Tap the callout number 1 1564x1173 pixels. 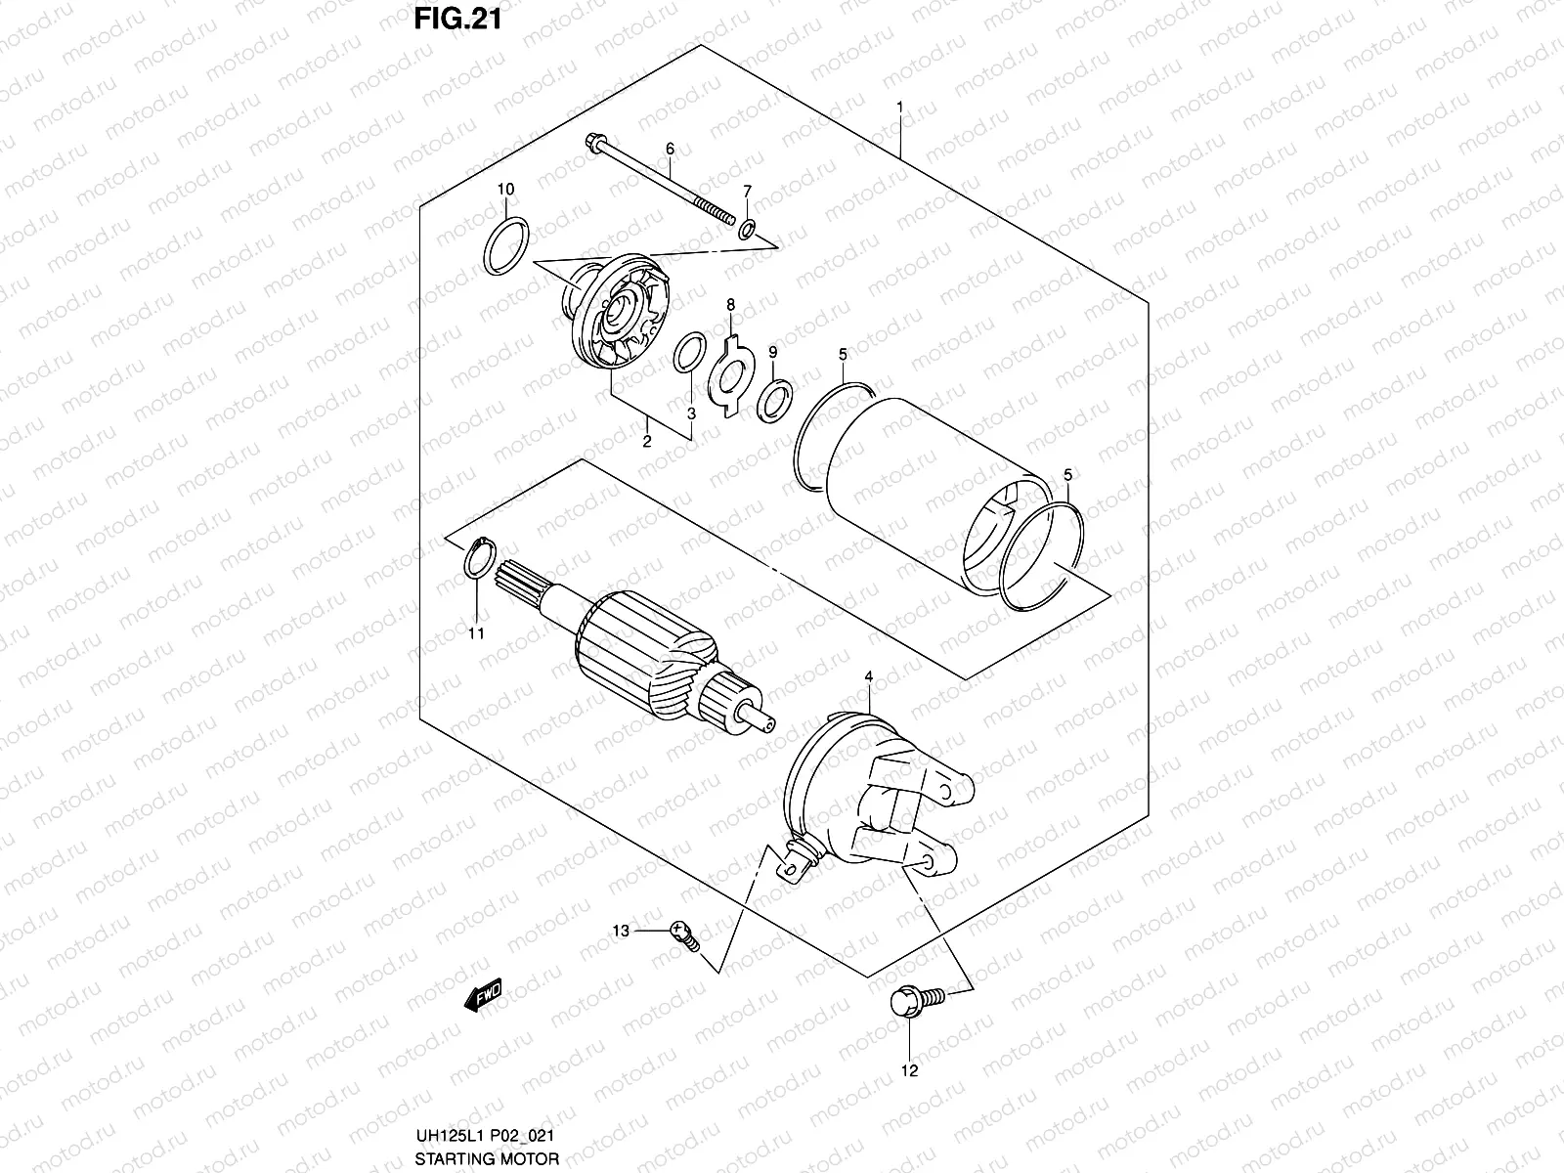(899, 107)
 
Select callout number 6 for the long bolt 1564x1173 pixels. (670, 149)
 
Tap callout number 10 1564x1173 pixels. (505, 189)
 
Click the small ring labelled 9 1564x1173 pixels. (773, 399)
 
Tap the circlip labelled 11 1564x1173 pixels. (476, 560)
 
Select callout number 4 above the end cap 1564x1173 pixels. (868, 675)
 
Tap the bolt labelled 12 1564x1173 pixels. (909, 1002)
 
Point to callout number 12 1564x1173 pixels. (909, 1070)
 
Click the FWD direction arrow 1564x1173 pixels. (483, 994)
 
